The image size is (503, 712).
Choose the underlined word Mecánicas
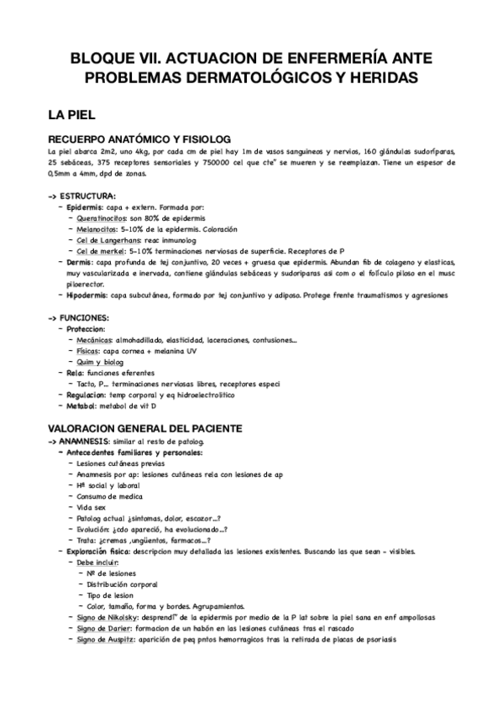tap(96, 340)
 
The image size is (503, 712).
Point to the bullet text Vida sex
tap(92, 507)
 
